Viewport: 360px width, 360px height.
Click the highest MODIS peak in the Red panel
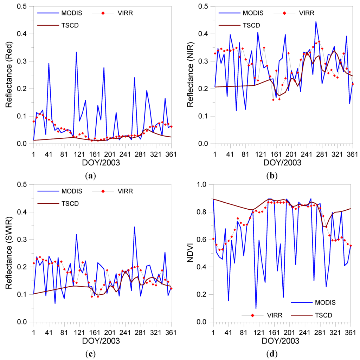pyautogui.click(x=76, y=52)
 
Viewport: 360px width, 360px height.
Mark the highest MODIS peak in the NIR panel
pyautogui.click(x=316, y=22)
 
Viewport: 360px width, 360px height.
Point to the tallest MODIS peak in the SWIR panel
pyautogui.click(x=134, y=227)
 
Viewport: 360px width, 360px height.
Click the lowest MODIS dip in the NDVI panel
pyautogui.click(x=256, y=308)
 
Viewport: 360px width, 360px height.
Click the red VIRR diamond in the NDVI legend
pyautogui.click(x=253, y=315)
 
